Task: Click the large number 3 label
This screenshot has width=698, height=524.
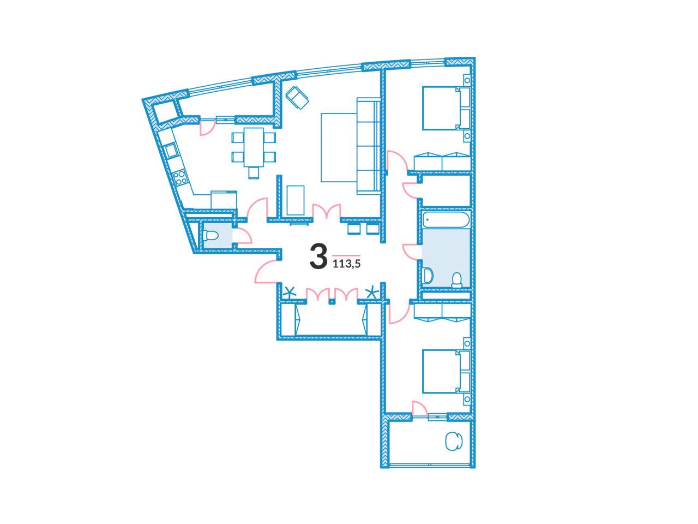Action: pos(318,257)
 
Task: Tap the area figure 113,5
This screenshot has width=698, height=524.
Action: pos(347,264)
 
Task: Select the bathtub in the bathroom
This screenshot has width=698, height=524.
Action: pos(446,220)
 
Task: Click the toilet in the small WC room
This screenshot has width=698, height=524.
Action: pos(210,236)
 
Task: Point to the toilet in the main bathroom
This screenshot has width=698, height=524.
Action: pos(457,280)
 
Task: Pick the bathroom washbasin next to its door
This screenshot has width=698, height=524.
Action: pos(428,275)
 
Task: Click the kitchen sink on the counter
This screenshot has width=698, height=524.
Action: pos(171,151)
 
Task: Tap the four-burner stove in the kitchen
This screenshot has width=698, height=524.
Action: pos(180,178)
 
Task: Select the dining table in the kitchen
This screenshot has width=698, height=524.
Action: pos(254,147)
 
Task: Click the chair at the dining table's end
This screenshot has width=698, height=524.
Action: pos(254,174)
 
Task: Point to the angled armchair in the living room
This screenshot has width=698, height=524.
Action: pos(297,98)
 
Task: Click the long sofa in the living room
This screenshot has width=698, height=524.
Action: pos(368,146)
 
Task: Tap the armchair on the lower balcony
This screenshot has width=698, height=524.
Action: pos(454,441)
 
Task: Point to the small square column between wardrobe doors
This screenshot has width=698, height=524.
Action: pos(332,301)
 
